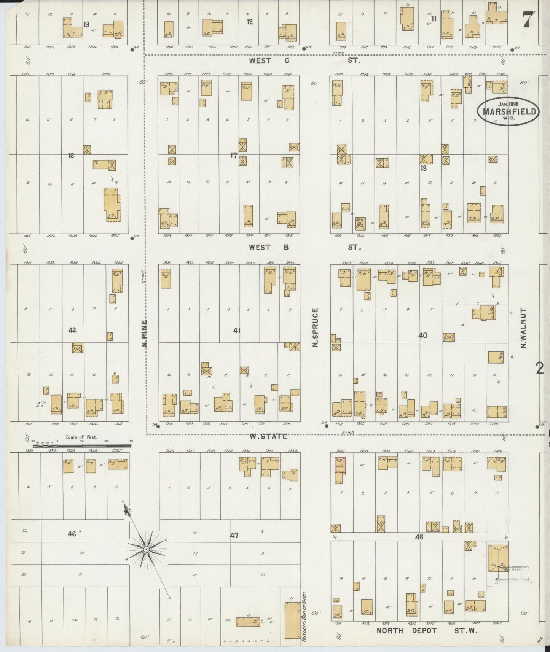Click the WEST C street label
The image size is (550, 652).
point(269,60)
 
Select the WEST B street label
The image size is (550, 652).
point(269,247)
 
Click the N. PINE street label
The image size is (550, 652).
point(145,333)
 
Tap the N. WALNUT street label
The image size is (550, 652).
point(523,328)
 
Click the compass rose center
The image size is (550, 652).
point(146,550)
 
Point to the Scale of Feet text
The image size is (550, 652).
point(81,437)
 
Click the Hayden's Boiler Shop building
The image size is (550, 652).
point(292,620)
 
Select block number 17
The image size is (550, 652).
point(234,155)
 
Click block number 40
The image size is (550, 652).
point(422,335)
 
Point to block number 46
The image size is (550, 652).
point(71,534)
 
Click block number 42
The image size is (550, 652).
point(72,330)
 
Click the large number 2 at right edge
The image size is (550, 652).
point(540,368)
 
